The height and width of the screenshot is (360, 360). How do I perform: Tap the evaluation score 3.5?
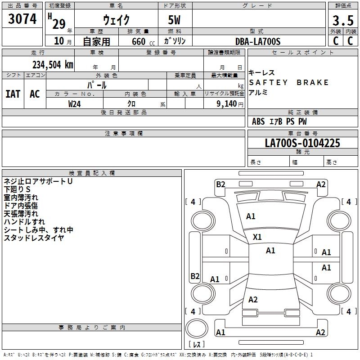click(342, 20)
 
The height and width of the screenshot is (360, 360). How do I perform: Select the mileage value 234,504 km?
click(52, 65)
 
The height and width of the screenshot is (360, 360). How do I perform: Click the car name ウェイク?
click(116, 20)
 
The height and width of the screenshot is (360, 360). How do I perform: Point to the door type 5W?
click(175, 20)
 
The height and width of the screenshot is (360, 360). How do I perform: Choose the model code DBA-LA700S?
click(258, 41)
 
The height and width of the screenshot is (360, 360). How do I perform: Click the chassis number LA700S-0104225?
click(302, 144)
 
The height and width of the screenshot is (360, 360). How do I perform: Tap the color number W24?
click(75, 103)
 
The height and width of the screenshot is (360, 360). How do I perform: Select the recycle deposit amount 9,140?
click(227, 103)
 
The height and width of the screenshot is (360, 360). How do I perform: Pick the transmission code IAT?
click(13, 94)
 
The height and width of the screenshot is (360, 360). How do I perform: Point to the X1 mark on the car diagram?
click(257, 237)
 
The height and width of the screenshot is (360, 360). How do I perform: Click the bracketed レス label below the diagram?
click(197, 345)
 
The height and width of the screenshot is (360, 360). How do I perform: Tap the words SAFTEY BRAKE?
click(289, 83)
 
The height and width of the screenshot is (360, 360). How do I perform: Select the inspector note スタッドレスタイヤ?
click(34, 238)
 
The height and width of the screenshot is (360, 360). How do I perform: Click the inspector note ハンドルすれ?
click(24, 222)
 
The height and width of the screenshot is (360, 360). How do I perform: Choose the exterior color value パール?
click(97, 85)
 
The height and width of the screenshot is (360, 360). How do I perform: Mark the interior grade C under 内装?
click(350, 41)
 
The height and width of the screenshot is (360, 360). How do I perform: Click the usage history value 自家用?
click(96, 42)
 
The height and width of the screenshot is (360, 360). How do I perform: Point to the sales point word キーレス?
click(261, 73)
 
